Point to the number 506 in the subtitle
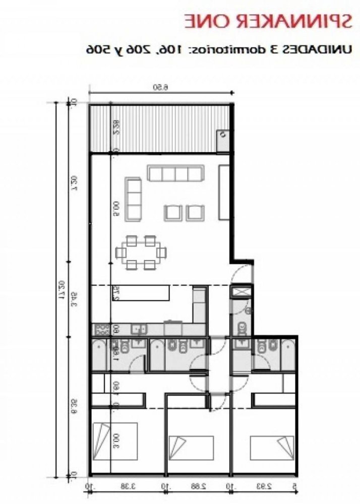tap(99, 49)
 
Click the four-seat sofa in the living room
tap(174, 174)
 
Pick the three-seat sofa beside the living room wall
tap(133, 199)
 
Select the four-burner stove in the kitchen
tap(101, 330)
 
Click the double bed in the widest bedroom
tap(115, 439)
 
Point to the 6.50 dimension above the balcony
tap(161, 87)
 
